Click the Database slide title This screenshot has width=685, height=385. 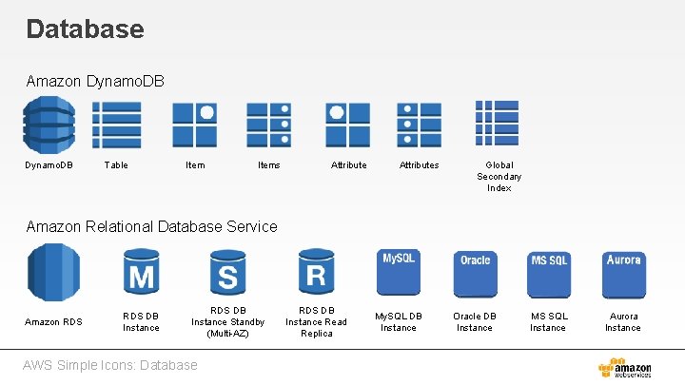tap(85, 29)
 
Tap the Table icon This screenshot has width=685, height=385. tap(116, 125)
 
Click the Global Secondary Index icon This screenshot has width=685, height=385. tap(498, 125)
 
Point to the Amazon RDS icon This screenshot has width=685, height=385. tap(53, 273)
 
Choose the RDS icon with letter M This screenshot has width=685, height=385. tap(141, 273)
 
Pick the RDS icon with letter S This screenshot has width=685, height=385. tap(227, 273)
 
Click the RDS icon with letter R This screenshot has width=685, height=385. tap(316, 273)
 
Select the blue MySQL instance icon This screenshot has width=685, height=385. tap(399, 273)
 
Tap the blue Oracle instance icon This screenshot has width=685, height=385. tap(475, 273)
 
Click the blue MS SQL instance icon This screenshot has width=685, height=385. tap(548, 273)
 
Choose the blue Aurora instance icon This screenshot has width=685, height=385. tap(623, 273)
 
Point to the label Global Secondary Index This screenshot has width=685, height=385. tap(499, 176)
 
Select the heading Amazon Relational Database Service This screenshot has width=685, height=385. tap(152, 226)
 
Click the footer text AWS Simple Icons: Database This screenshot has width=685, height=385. tap(112, 365)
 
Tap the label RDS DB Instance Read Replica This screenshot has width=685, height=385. tap(316, 321)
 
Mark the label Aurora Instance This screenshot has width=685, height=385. tap(623, 321)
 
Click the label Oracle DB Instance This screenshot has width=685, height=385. tap(475, 321)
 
